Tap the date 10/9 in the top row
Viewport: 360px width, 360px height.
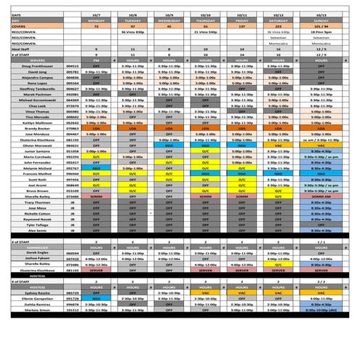pyautogui.click(x=169, y=13)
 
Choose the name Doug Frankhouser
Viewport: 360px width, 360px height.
pyautogui.click(x=34, y=65)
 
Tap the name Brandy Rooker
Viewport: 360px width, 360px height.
pyautogui.click(x=34, y=128)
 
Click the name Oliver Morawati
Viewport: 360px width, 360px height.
pyautogui.click(x=34, y=145)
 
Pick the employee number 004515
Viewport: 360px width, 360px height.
pyautogui.click(x=71, y=65)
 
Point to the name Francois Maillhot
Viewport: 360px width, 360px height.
pyautogui.click(x=34, y=175)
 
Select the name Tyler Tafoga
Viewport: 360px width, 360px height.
pyautogui.click(x=34, y=225)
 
